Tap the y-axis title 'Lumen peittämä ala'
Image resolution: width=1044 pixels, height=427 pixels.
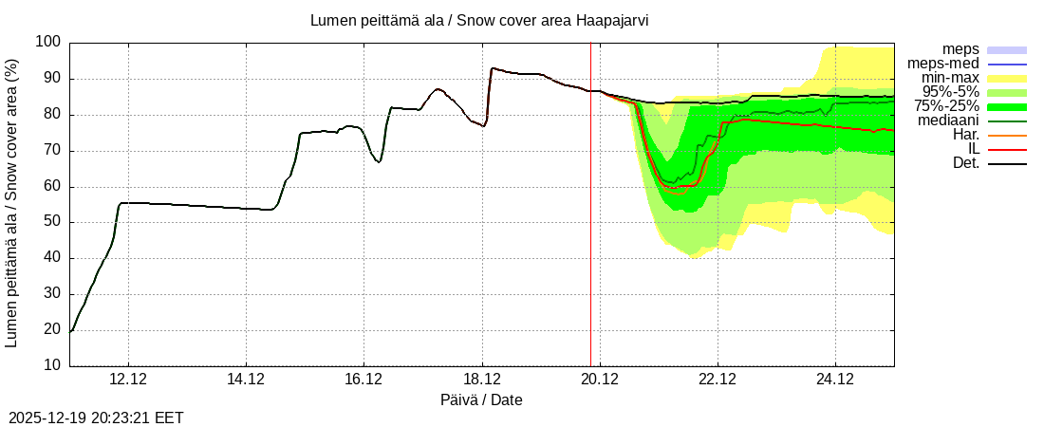[11, 202]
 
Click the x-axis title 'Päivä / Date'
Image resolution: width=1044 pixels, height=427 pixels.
[481, 399]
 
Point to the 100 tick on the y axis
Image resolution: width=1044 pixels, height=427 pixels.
[47, 43]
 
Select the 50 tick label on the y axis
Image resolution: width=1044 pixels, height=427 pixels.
[51, 222]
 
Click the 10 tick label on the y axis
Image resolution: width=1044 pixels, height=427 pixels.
[51, 365]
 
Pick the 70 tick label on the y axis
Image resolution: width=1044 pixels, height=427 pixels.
[51, 150]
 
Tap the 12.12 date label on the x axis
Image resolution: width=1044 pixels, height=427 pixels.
[128, 380]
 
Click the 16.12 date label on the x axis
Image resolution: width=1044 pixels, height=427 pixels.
[364, 380]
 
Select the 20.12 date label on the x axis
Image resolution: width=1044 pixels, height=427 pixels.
[599, 380]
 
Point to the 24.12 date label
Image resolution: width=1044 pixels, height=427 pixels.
[835, 380]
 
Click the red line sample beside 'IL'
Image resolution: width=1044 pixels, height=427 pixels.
[1007, 150]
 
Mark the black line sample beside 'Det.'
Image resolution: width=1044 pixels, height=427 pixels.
[1007, 164]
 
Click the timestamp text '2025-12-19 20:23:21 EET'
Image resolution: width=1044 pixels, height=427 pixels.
[96, 418]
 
